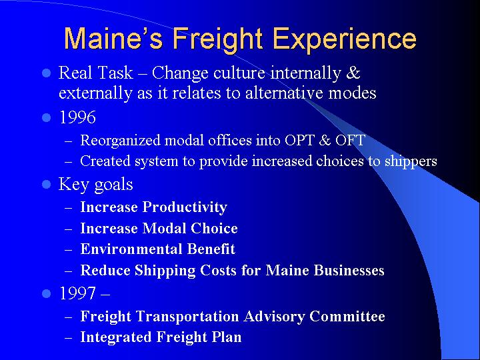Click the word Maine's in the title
(114, 39)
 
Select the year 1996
(77, 118)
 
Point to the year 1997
(77, 294)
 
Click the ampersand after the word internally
(354, 73)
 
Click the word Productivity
(185, 207)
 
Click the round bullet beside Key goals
(46, 185)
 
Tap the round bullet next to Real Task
(46, 73)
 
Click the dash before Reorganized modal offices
(69, 141)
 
